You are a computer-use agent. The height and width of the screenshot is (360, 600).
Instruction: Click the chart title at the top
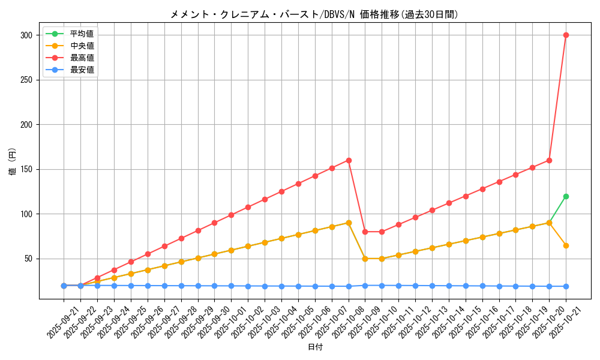(x=314, y=14)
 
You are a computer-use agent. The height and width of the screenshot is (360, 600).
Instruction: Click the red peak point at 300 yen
(x=566, y=35)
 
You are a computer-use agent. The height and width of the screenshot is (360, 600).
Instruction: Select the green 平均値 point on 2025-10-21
(x=566, y=196)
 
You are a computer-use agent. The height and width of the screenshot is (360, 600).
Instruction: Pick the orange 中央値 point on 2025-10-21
(x=566, y=245)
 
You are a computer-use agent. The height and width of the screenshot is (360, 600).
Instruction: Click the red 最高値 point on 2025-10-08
(x=349, y=160)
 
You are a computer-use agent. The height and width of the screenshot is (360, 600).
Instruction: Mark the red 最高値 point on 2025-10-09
(x=365, y=232)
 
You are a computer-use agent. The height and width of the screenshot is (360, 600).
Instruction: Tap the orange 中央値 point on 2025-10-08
(x=349, y=223)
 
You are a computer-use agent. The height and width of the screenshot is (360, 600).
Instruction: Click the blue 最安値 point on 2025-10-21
(x=566, y=286)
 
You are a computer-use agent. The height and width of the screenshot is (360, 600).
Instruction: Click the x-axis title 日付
(x=314, y=347)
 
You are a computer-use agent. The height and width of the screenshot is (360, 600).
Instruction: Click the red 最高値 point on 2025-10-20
(x=549, y=160)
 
